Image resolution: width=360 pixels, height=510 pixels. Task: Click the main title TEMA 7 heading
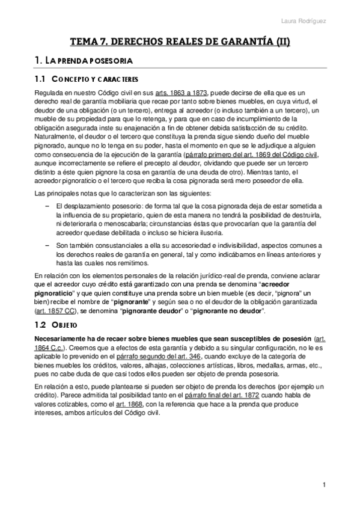[x=180, y=42]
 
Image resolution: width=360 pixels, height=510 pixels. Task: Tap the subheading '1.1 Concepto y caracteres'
[x=86, y=79]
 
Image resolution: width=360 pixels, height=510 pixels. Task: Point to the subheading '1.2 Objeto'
[x=54, y=325]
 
